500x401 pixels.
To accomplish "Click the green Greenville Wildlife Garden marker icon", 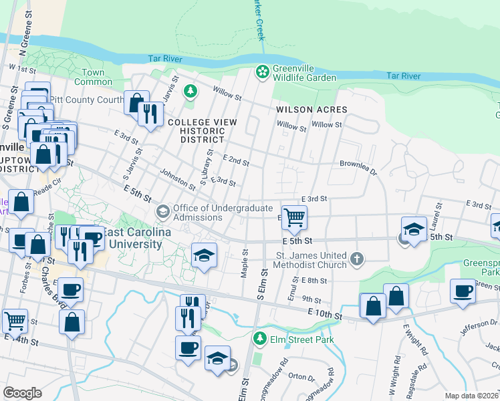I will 263,71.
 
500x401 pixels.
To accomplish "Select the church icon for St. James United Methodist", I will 358,259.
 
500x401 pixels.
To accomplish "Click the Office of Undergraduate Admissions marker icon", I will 162,212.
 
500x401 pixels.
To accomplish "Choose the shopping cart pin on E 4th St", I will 294,217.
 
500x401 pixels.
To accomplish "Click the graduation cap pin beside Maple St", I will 205,256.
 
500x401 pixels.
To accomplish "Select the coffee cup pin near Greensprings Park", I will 463,291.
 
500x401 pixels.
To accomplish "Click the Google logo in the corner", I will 22,393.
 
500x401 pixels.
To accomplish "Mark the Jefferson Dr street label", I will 476,329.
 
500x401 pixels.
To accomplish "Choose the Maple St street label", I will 245,263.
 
